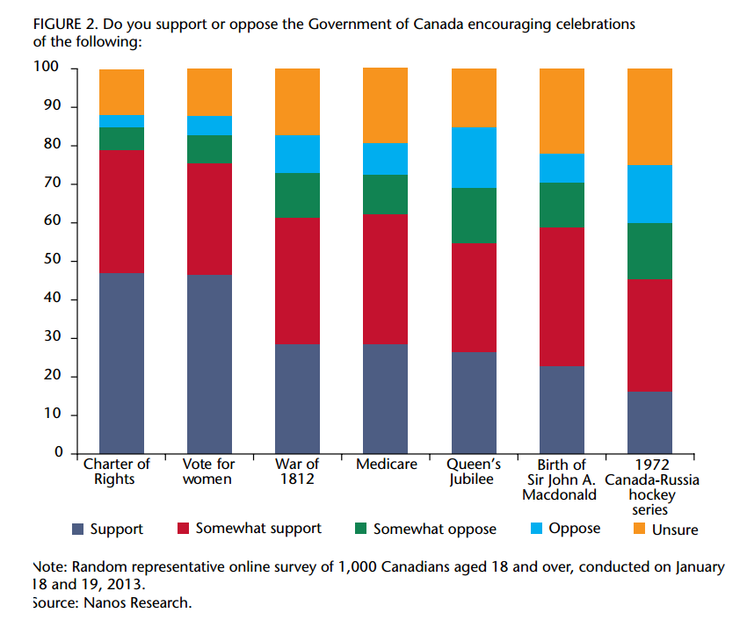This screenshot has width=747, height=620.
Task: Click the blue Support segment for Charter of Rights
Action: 121,363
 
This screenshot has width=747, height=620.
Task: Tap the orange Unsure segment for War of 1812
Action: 297,101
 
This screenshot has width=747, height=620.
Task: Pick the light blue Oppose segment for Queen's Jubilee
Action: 474,157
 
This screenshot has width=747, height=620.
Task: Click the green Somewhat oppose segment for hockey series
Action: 649,250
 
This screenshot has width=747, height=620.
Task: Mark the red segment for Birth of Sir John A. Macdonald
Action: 562,297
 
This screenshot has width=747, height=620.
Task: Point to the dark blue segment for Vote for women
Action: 209,364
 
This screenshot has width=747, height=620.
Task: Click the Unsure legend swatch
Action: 639,529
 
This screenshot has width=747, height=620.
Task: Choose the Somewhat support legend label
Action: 258,529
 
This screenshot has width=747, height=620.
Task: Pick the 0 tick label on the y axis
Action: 58,453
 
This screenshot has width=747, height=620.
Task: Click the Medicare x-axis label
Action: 386,465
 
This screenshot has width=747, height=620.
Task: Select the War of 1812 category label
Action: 297,472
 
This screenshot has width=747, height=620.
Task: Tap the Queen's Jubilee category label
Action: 474,472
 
